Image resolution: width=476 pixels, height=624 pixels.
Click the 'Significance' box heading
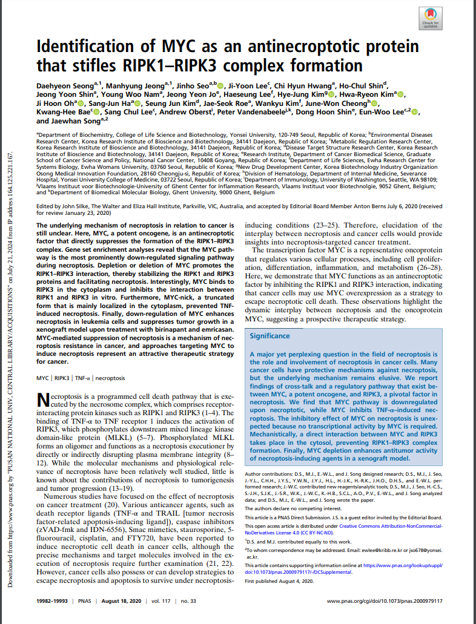[x=270, y=336]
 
